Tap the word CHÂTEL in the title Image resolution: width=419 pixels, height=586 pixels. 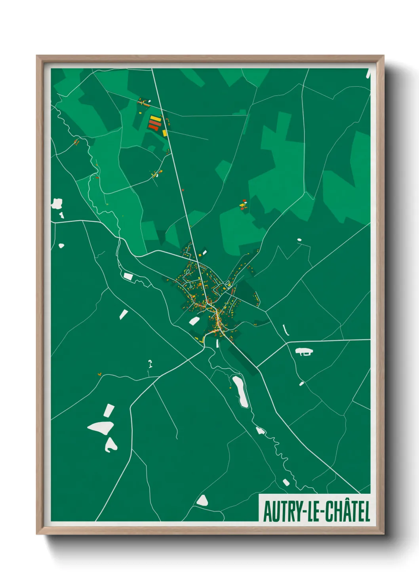click(x=348, y=512)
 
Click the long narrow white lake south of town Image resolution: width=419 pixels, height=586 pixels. click(x=240, y=392)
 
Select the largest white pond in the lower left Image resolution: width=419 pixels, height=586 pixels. click(x=101, y=427)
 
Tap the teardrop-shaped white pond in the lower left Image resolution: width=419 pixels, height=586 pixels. click(x=110, y=445)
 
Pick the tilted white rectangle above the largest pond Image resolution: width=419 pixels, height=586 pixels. click(x=109, y=410)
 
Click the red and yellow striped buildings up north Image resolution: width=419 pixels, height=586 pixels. click(x=155, y=123)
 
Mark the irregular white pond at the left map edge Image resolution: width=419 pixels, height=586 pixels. click(x=57, y=204)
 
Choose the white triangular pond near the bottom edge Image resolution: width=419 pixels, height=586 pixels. click(x=202, y=500)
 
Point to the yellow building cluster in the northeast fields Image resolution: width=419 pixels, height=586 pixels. click(x=243, y=205)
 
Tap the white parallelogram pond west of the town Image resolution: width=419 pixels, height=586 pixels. click(x=128, y=276)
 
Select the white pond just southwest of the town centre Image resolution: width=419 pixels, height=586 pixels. click(x=194, y=321)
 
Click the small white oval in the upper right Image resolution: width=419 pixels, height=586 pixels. click(x=299, y=240)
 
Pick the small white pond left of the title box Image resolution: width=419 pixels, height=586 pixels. click(x=286, y=482)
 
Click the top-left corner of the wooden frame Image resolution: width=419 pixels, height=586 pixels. click(x=37, y=56)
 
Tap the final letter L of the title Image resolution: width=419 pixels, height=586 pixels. click(x=367, y=512)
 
